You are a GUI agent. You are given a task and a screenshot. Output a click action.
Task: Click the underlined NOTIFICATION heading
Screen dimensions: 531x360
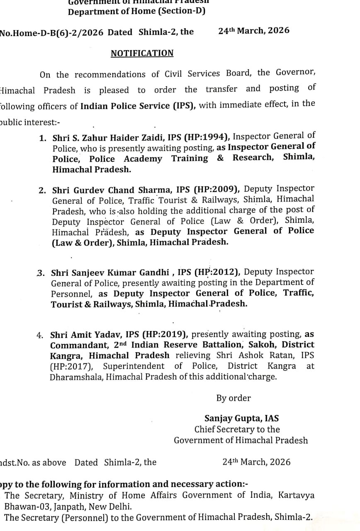pos(142,54)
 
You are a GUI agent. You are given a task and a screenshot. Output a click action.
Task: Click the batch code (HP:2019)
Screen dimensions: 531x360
pos(165,335)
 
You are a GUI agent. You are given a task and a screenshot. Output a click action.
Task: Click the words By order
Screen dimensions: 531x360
pos(234,398)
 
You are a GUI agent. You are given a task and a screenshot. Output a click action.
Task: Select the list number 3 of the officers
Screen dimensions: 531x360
pos(40,273)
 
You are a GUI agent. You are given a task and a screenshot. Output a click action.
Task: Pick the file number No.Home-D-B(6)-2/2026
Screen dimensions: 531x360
pos(52,32)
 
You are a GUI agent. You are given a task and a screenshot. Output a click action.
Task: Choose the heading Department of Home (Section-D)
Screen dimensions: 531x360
pos(137,12)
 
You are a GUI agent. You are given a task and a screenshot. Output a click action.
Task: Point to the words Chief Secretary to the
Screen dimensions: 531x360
pos(237,429)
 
